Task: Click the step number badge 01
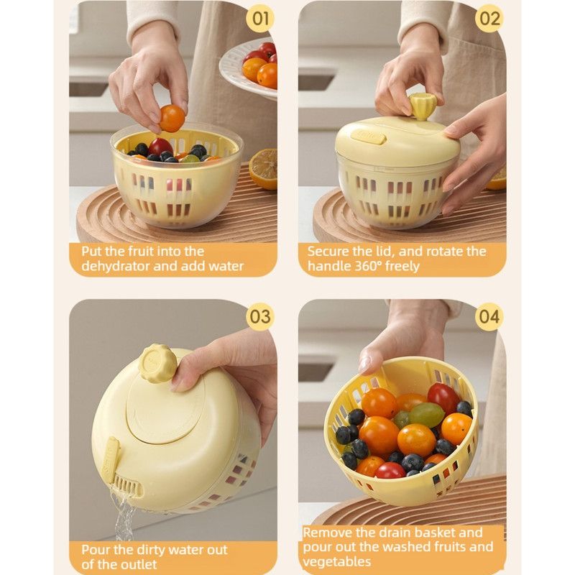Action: pyautogui.click(x=260, y=19)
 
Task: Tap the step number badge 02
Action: pyautogui.click(x=489, y=19)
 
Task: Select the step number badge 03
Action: pyautogui.click(x=260, y=316)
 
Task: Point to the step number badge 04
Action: pyautogui.click(x=489, y=316)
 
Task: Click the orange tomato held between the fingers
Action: pyautogui.click(x=172, y=118)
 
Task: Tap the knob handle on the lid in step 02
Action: pyautogui.click(x=421, y=106)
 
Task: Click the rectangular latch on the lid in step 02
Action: pyautogui.click(x=369, y=137)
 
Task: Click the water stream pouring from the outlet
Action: pyautogui.click(x=124, y=513)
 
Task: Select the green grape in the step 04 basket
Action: pyautogui.click(x=426, y=415)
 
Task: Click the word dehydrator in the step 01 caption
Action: pyautogui.click(x=114, y=266)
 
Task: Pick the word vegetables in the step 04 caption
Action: pyautogui.click(x=337, y=561)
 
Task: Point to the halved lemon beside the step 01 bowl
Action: pyautogui.click(x=263, y=169)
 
